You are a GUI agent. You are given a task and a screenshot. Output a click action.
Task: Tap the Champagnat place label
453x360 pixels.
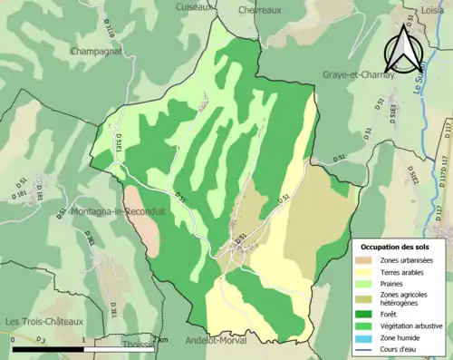[98, 53]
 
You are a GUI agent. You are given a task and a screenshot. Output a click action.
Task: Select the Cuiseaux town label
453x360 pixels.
[198, 5]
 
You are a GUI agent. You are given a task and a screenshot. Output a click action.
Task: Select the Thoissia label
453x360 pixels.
[139, 345]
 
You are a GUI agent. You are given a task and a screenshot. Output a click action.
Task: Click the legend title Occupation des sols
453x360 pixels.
[396, 247]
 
